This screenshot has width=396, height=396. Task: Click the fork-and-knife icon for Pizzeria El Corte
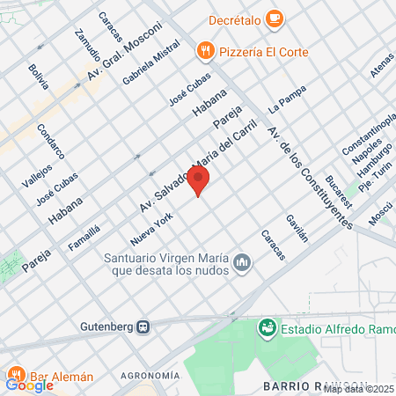(206, 51)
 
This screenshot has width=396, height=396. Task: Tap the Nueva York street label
(148, 228)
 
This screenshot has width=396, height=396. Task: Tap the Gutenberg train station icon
(142, 326)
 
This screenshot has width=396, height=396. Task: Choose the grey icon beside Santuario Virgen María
(243, 263)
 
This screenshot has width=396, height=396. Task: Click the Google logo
(28, 385)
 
